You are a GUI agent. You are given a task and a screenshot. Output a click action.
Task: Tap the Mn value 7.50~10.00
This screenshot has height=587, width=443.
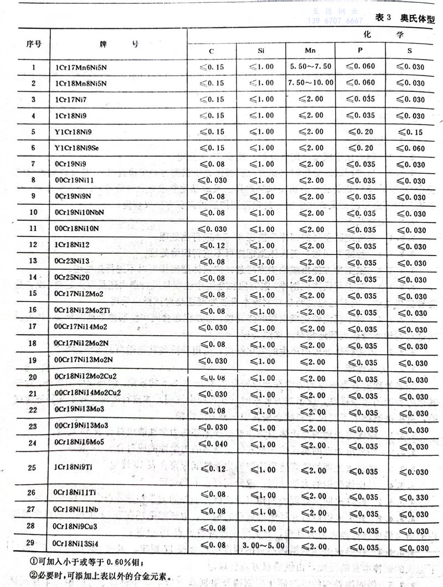pyautogui.click(x=311, y=82)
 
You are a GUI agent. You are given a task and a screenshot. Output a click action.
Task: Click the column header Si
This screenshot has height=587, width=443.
pyautogui.click(x=261, y=51)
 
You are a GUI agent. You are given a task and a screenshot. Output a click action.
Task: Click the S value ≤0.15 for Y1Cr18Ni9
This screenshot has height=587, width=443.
pyautogui.click(x=410, y=132)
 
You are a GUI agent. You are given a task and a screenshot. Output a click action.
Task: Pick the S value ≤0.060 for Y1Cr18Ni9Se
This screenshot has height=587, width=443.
pyautogui.click(x=410, y=148)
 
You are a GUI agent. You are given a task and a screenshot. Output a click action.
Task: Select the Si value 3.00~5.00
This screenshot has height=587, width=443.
pyautogui.click(x=264, y=546)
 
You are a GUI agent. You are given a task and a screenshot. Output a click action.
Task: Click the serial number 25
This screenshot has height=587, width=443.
pyautogui.click(x=33, y=467)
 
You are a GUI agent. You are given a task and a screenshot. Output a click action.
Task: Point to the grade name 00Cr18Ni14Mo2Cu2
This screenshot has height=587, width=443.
pyautogui.click(x=87, y=393)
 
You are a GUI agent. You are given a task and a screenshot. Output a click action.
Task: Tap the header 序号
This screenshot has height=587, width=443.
pyautogui.click(x=34, y=44)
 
